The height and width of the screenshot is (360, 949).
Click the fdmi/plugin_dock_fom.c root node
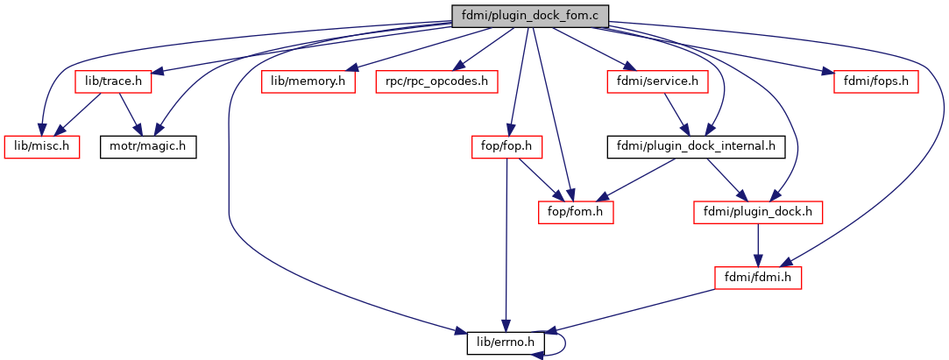coord(529,15)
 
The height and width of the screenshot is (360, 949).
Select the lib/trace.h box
coord(114,81)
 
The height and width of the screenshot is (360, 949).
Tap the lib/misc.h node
coord(42,146)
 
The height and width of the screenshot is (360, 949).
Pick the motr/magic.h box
coord(147,146)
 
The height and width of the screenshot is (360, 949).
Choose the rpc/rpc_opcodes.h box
coord(436,81)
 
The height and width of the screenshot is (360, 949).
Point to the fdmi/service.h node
coord(657,81)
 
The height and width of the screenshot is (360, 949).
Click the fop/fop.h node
coord(506,146)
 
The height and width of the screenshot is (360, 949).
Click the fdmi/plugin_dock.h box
coord(758,211)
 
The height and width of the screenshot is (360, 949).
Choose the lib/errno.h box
coord(506,342)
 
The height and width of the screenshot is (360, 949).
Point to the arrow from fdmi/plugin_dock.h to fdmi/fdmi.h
coord(758,244)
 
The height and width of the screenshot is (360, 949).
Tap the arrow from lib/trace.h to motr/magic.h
coord(130,114)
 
